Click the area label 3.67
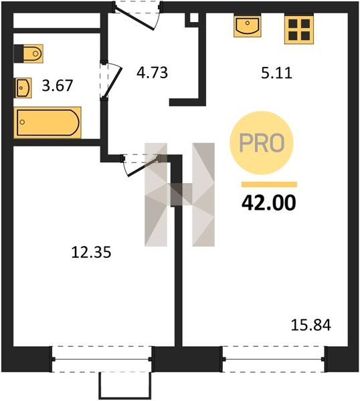(x=58, y=86)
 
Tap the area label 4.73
(x=152, y=72)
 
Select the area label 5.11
(x=276, y=73)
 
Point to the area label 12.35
(x=91, y=252)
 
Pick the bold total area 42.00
(x=269, y=203)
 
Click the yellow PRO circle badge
(x=262, y=143)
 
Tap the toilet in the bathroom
(x=28, y=53)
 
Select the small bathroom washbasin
(x=23, y=88)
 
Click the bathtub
(x=48, y=122)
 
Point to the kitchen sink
(x=248, y=25)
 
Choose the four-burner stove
(x=299, y=29)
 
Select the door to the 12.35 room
(x=141, y=164)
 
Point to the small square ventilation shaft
(x=194, y=18)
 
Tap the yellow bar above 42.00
(x=269, y=184)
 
